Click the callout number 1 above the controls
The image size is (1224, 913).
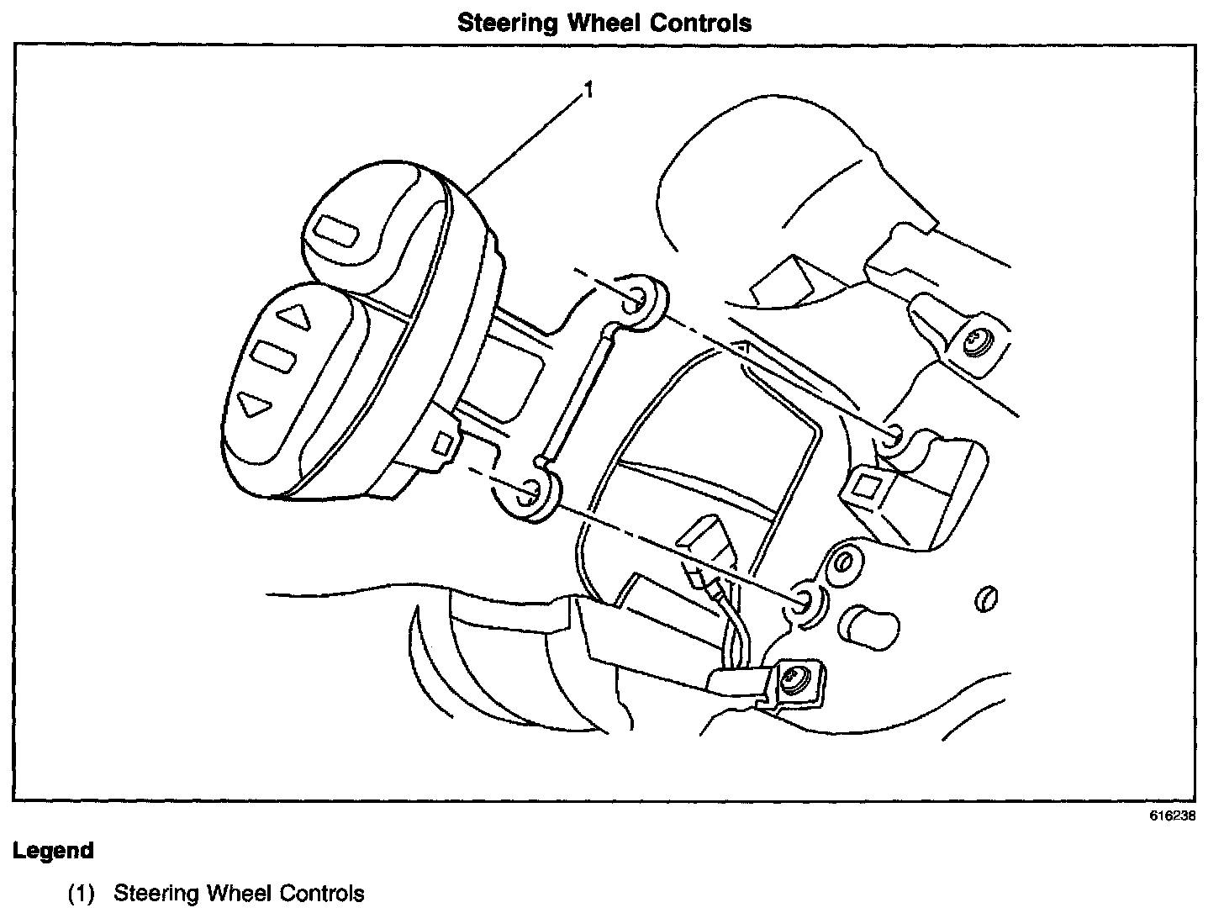[589, 89]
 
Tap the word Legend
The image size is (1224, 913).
[53, 851]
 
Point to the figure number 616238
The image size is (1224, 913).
[1173, 816]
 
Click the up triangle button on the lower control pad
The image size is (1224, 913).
[295, 318]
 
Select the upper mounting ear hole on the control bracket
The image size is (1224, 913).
[638, 296]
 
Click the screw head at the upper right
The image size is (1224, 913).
[977, 340]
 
